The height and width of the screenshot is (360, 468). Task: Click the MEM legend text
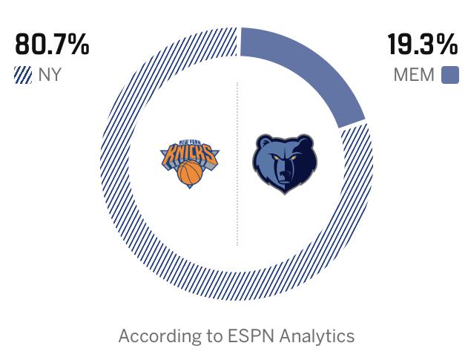pos(414,75)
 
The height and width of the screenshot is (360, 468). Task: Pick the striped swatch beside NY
pos(23,75)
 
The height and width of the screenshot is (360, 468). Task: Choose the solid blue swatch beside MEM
pos(450,75)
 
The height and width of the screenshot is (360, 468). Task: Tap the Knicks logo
pos(190,162)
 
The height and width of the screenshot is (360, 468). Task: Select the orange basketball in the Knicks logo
pos(190,174)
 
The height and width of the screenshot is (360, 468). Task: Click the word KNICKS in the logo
pos(190,154)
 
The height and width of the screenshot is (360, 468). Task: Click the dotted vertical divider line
pos(237,163)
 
